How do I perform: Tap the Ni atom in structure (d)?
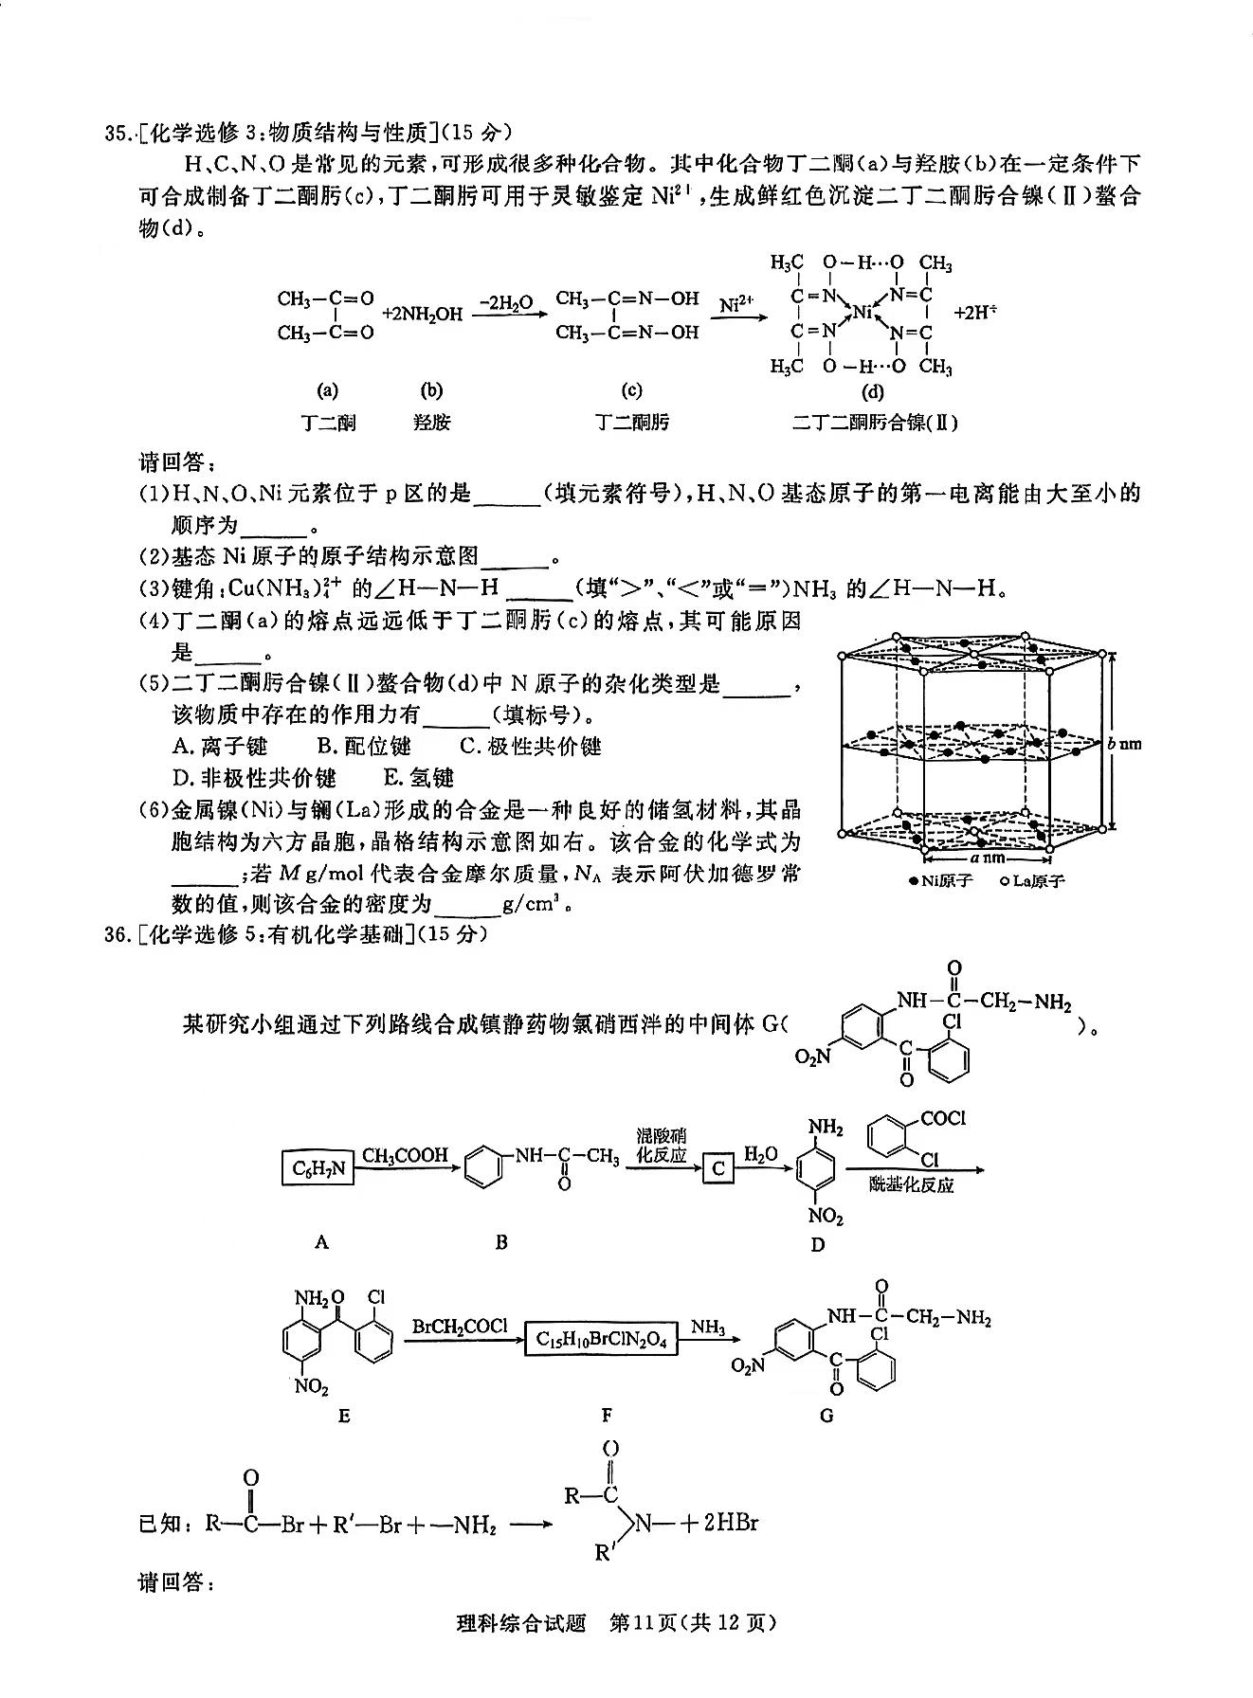click(861, 312)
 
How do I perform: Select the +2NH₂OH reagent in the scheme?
click(422, 314)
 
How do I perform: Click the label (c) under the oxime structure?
click(631, 390)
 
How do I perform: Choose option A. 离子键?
click(220, 746)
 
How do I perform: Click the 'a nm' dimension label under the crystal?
click(987, 858)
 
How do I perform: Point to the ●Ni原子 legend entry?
click(940, 881)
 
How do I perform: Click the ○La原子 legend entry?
click(1032, 881)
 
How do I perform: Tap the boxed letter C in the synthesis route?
click(717, 1168)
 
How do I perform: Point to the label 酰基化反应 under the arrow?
click(911, 1184)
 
